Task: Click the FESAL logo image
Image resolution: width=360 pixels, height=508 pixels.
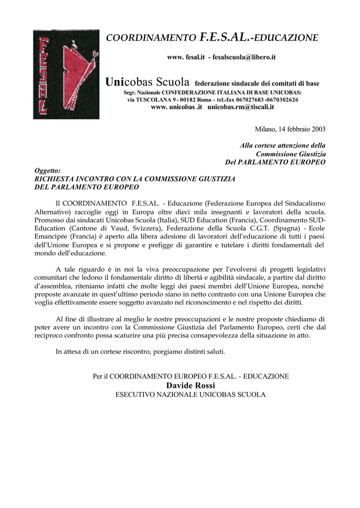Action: pyautogui.click(x=66, y=74)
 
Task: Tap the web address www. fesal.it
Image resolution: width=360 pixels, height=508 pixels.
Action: pyautogui.click(x=186, y=58)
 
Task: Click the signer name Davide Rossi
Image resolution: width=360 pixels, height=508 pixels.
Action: pyautogui.click(x=191, y=385)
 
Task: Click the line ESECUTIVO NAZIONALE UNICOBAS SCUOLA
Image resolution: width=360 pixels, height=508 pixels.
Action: pyautogui.click(x=191, y=395)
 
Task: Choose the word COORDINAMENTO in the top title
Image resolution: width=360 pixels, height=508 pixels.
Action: pyautogui.click(x=152, y=38)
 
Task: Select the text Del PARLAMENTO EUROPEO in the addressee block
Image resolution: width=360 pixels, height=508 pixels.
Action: pyautogui.click(x=276, y=162)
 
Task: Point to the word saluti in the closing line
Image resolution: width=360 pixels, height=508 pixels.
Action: pyautogui.click(x=215, y=352)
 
